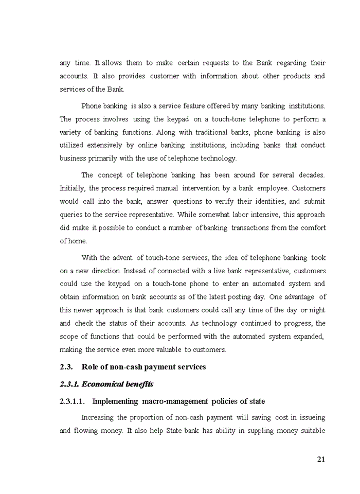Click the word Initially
73,188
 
